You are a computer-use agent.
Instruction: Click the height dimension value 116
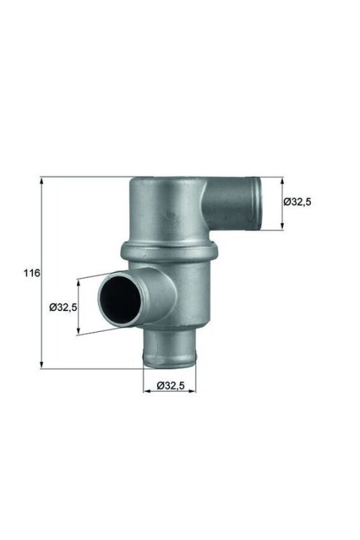coord(31,274)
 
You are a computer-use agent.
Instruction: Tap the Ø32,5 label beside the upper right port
coord(297,202)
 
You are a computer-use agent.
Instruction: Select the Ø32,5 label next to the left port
coord(63,307)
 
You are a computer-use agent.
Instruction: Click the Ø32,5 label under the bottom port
coord(171,386)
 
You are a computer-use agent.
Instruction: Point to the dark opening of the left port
coord(118,297)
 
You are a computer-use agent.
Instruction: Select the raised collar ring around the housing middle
coord(169,251)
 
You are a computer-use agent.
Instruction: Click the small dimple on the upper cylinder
coord(170,215)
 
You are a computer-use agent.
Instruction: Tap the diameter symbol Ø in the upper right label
coord(287,202)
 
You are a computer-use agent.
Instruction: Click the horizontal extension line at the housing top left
coord(86,176)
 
